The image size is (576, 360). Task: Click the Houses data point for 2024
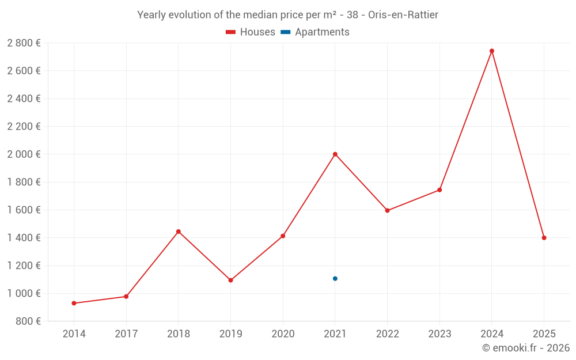(491, 51)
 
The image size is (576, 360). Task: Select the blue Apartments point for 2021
(335, 279)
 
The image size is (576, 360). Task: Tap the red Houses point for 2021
(335, 154)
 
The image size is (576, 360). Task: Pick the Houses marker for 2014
(74, 303)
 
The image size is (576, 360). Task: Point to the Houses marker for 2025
(544, 238)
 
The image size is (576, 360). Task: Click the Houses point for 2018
(178, 232)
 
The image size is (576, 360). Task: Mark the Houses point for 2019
(230, 281)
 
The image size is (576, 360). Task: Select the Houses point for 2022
(387, 210)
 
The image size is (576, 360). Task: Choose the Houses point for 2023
(439, 190)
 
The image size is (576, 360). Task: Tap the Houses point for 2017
(126, 297)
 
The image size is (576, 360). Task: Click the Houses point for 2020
(283, 236)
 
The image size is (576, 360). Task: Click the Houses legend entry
(251, 32)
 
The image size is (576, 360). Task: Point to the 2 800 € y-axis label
(24, 43)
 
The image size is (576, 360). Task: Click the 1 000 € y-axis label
(24, 293)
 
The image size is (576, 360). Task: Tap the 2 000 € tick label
(24, 154)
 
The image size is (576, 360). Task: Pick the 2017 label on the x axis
(126, 334)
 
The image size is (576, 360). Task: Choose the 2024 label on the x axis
(491, 334)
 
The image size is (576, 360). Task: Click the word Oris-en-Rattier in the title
(403, 15)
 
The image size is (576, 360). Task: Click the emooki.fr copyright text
(526, 348)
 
